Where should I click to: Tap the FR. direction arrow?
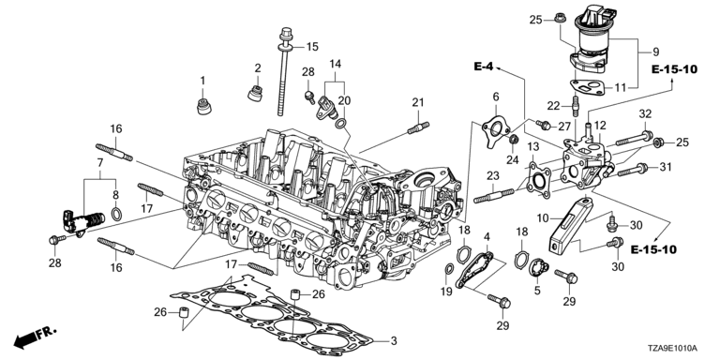coord(35,337)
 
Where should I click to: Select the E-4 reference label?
coord(483,67)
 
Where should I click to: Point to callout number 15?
coord(312,47)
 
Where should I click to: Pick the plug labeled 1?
coord(203,107)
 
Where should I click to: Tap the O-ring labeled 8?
coord(116,214)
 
